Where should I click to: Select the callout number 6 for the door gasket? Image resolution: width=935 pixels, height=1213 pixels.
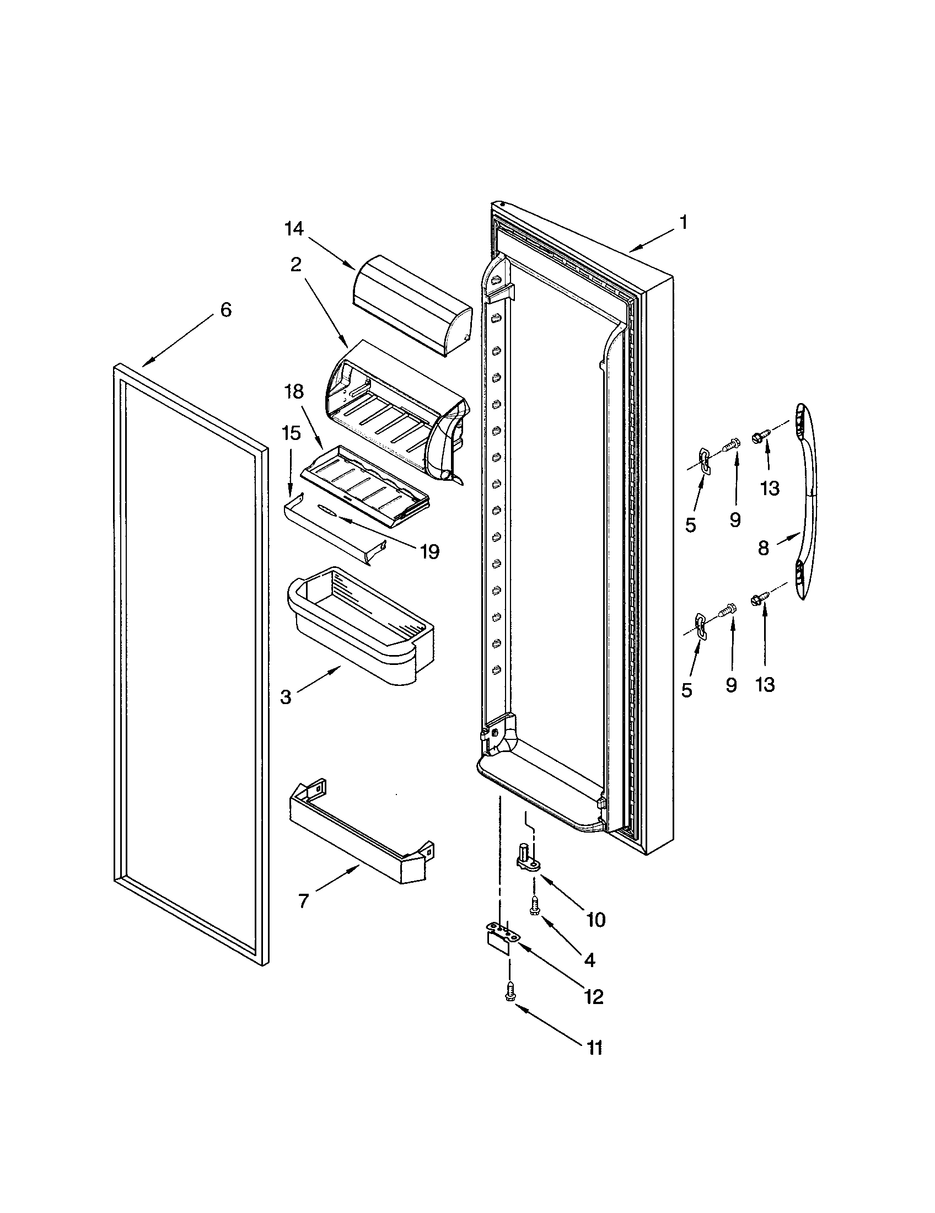(x=225, y=309)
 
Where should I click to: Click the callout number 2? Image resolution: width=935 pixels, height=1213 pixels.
(x=295, y=264)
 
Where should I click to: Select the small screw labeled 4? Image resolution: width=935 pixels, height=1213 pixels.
(x=535, y=906)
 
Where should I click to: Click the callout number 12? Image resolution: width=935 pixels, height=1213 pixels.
(x=594, y=997)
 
